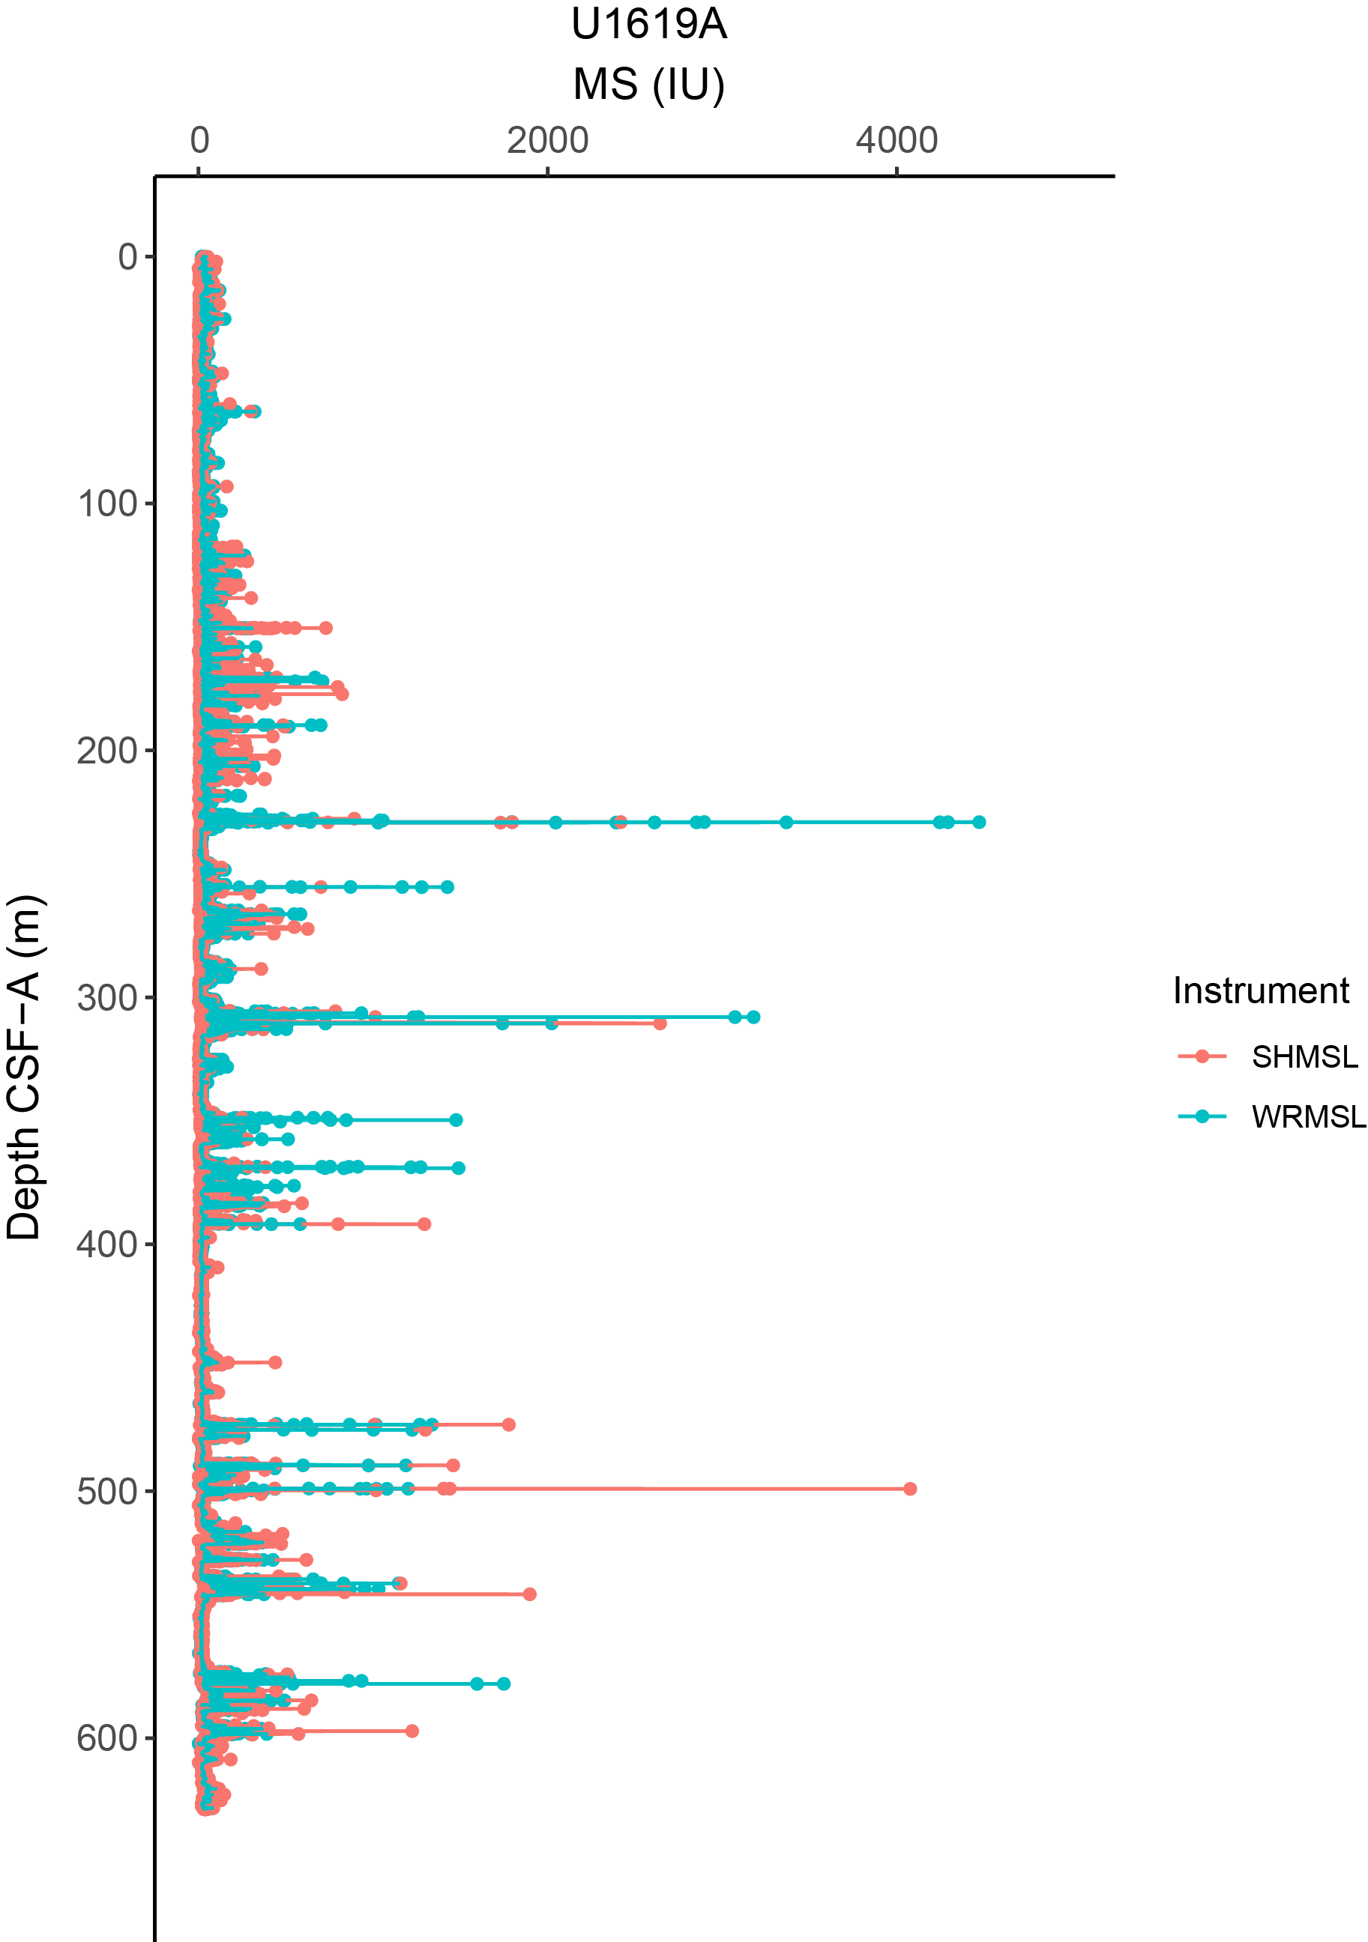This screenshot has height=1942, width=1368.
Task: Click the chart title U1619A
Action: (649, 25)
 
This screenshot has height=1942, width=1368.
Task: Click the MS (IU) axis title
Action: (649, 85)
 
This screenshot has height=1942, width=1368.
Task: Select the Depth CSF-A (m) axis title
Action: (24, 1068)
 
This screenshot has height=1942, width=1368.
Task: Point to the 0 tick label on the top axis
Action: (199, 140)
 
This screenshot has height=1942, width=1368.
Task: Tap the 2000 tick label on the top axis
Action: (547, 140)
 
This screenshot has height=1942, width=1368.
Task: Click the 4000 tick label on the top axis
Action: (897, 140)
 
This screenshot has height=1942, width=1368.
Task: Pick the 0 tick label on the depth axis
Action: (127, 257)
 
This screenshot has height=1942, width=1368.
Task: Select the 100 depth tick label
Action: (107, 504)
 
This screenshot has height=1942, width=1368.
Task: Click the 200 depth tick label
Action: (107, 751)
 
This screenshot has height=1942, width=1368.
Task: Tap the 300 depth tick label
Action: (107, 998)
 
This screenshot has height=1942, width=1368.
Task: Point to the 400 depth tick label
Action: (107, 1245)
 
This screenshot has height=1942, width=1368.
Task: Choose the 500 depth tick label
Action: (107, 1492)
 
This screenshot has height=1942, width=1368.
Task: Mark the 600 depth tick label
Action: (107, 1739)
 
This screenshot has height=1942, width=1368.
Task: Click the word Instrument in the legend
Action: (1261, 991)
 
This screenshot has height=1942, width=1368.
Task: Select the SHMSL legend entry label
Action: (1304, 1057)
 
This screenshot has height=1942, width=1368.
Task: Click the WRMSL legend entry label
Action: (1308, 1117)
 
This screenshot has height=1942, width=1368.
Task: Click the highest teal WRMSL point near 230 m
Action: (979, 822)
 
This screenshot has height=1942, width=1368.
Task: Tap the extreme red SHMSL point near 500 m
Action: (910, 1489)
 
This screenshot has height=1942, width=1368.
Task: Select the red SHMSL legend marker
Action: (1202, 1056)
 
